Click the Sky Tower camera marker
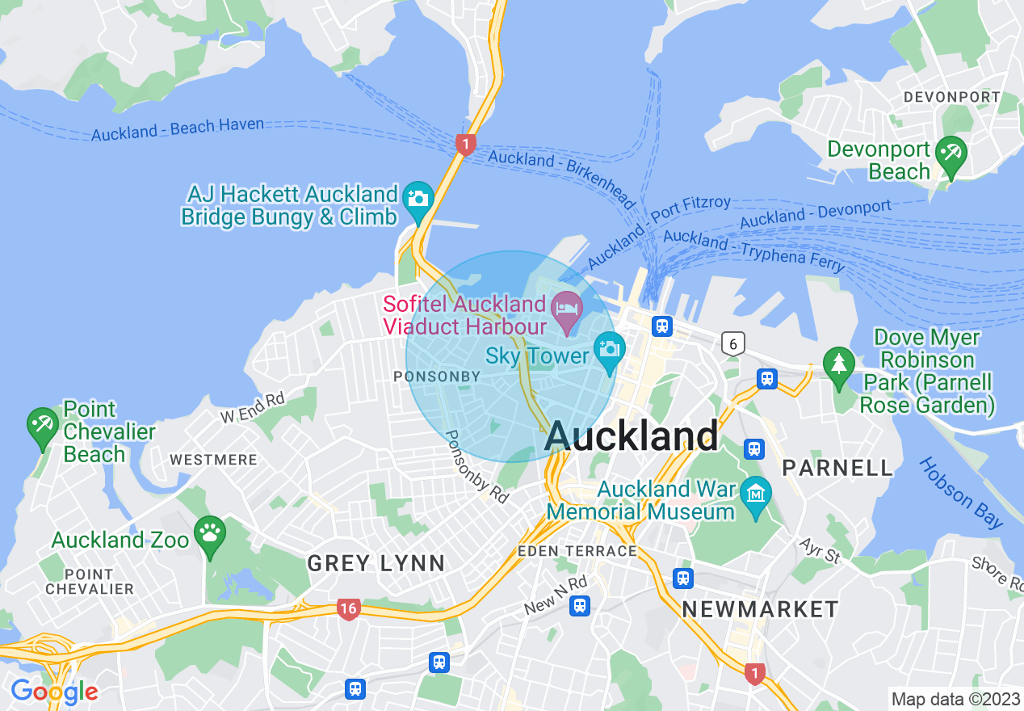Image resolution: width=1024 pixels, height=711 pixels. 609,348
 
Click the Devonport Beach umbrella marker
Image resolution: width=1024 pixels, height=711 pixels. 951,154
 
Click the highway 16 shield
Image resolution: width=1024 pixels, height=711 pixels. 348,609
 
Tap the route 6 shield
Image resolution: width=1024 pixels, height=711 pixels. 732,344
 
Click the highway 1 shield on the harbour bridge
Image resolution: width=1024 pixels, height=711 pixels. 465,145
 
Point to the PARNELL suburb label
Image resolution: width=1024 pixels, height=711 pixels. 837,468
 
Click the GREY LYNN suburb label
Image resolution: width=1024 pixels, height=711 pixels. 376,563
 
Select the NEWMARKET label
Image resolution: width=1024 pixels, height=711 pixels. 760,608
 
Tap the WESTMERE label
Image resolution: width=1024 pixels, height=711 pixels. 213,460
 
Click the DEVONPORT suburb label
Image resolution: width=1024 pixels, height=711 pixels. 951,97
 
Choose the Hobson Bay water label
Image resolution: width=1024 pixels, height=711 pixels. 961,494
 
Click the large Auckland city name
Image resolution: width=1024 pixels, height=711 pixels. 632,436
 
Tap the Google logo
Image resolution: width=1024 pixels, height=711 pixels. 54,692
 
